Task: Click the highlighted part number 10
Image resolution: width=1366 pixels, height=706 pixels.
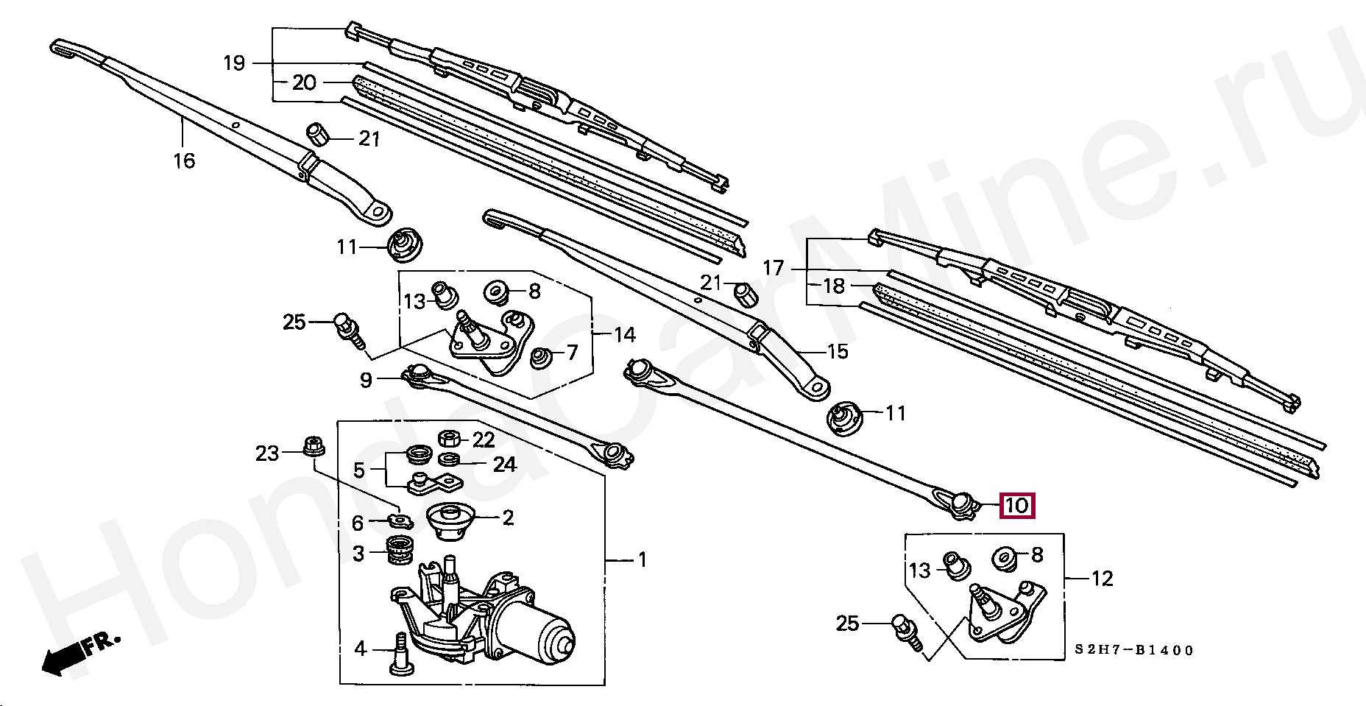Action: [x=1016, y=506]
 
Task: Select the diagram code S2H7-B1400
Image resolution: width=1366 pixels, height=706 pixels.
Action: [x=1133, y=650]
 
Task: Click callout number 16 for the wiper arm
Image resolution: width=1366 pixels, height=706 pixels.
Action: [x=184, y=160]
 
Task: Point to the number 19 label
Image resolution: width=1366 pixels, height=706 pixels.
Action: [x=234, y=63]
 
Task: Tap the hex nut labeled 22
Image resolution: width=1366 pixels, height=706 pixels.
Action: [x=449, y=440]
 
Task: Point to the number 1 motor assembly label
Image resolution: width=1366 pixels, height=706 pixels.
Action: [x=642, y=560]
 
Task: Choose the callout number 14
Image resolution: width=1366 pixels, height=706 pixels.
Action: [x=624, y=335]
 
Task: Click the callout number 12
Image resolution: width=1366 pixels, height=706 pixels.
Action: [x=1102, y=579]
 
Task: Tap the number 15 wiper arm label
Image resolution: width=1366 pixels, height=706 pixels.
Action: [x=838, y=351]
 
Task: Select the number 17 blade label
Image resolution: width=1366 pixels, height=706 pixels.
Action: [x=774, y=268]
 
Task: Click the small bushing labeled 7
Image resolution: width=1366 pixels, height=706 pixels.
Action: [x=542, y=358]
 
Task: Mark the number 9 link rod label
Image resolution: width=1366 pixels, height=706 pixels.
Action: [x=366, y=380]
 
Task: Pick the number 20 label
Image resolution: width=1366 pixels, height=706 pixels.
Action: [x=304, y=82]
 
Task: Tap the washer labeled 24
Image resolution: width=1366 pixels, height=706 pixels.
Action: [x=449, y=460]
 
